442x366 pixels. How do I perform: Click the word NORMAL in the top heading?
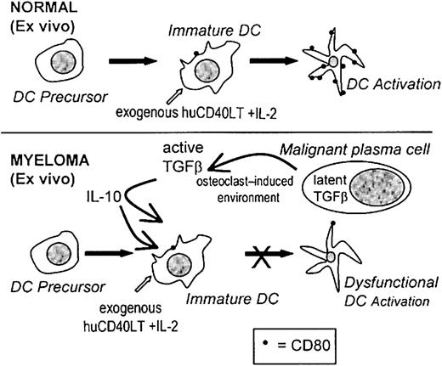[x=37, y=11]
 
